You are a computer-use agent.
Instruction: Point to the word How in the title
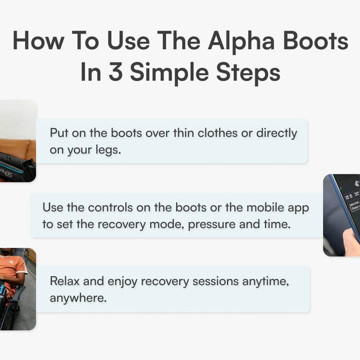tap(38, 41)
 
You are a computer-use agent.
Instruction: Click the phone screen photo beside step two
tap(342, 215)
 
